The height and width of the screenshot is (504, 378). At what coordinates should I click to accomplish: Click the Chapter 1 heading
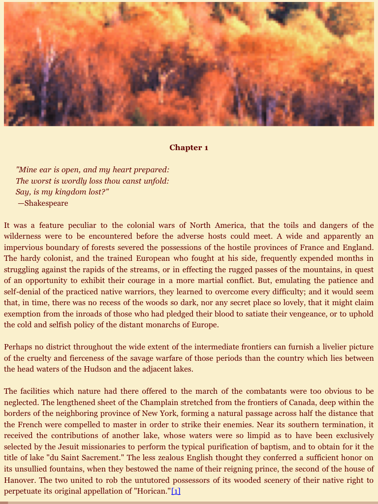coord(189,148)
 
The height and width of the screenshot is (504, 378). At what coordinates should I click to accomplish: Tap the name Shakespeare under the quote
coord(46,203)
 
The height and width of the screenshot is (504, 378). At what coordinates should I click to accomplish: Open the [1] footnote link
coord(176,491)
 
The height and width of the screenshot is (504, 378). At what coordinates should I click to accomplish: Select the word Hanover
coord(19,480)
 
